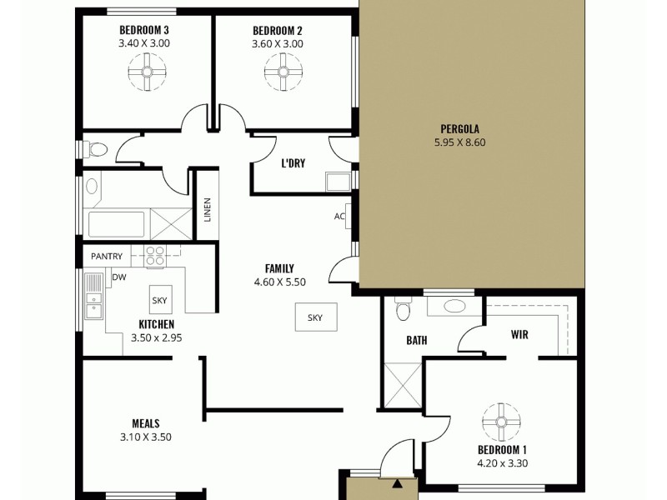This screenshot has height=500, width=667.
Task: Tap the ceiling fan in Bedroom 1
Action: pyautogui.click(x=503, y=421)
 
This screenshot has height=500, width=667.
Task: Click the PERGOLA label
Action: pyautogui.click(x=459, y=129)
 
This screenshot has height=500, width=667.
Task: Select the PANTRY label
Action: pyautogui.click(x=107, y=257)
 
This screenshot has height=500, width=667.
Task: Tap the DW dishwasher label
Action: pyautogui.click(x=119, y=277)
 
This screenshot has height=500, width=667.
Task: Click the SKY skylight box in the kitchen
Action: pyautogui.click(x=158, y=300)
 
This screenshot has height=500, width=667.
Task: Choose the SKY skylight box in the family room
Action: pyautogui.click(x=315, y=317)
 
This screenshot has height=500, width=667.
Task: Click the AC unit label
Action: pyautogui.click(x=339, y=217)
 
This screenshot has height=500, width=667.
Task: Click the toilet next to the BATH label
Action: pyautogui.click(x=404, y=311)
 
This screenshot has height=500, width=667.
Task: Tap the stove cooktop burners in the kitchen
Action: pyautogui.click(x=155, y=255)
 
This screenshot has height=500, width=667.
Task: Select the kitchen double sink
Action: pyautogui.click(x=93, y=297)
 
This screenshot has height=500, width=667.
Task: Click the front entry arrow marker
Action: pyautogui.click(x=398, y=482)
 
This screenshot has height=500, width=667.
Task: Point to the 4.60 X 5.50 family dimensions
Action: pyautogui.click(x=279, y=282)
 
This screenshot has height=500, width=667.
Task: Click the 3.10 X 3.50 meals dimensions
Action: pyautogui.click(x=145, y=437)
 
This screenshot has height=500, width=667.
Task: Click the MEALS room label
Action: pyautogui.click(x=145, y=423)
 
